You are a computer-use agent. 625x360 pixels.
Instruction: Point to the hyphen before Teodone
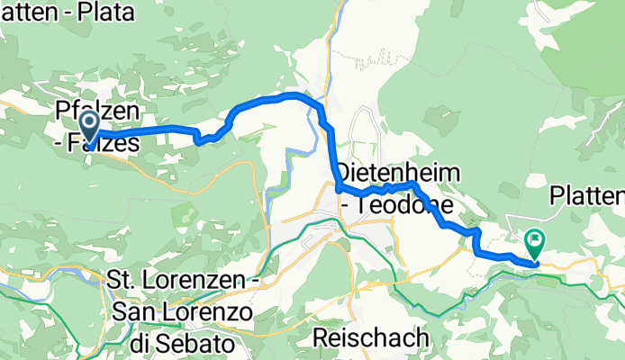pos(344,206)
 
